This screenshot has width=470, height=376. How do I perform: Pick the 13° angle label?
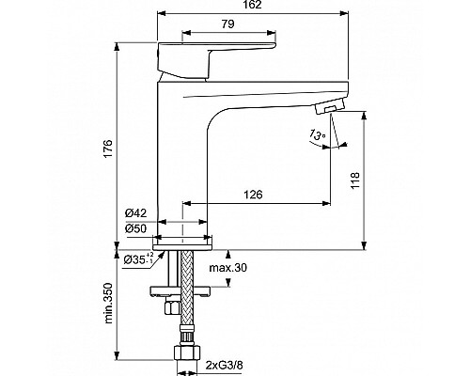313,137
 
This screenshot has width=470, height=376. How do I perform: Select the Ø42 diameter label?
135,213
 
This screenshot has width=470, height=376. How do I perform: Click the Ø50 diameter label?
135,228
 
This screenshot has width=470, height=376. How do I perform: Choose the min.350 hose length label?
108,305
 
